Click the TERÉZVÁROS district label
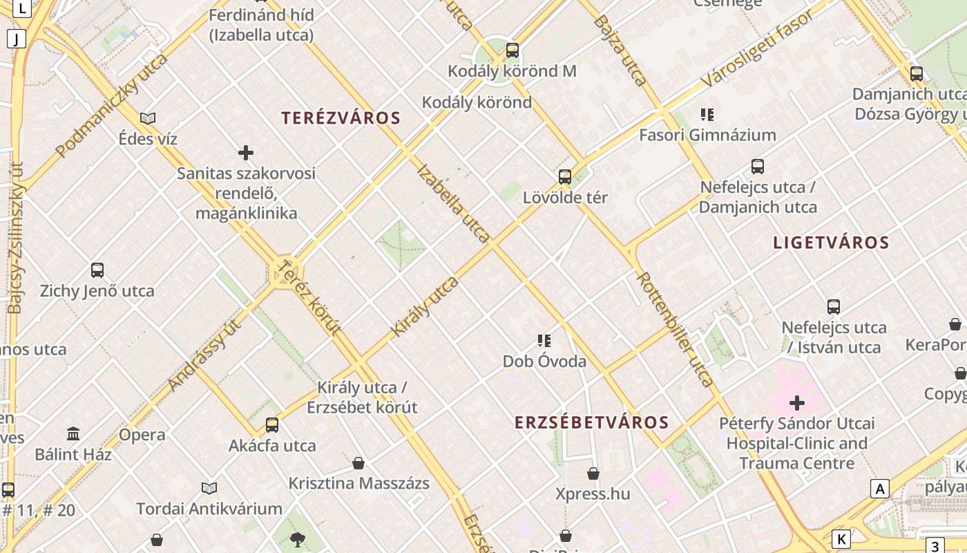point(341,118)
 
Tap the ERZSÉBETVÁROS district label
point(592,422)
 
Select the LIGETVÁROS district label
point(831,243)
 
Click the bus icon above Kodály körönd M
point(512,50)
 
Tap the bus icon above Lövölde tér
point(564,176)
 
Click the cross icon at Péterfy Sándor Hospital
point(797,402)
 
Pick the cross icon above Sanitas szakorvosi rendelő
point(245,152)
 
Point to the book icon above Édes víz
point(148,118)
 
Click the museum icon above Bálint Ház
point(73,433)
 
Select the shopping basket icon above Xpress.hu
point(593,474)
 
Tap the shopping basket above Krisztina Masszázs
point(358,462)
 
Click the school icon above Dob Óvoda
point(544,340)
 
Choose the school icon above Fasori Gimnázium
point(707,114)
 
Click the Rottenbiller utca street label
point(674,329)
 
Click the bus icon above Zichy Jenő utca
point(97,270)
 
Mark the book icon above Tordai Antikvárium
point(209,488)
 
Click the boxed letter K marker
point(841,539)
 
